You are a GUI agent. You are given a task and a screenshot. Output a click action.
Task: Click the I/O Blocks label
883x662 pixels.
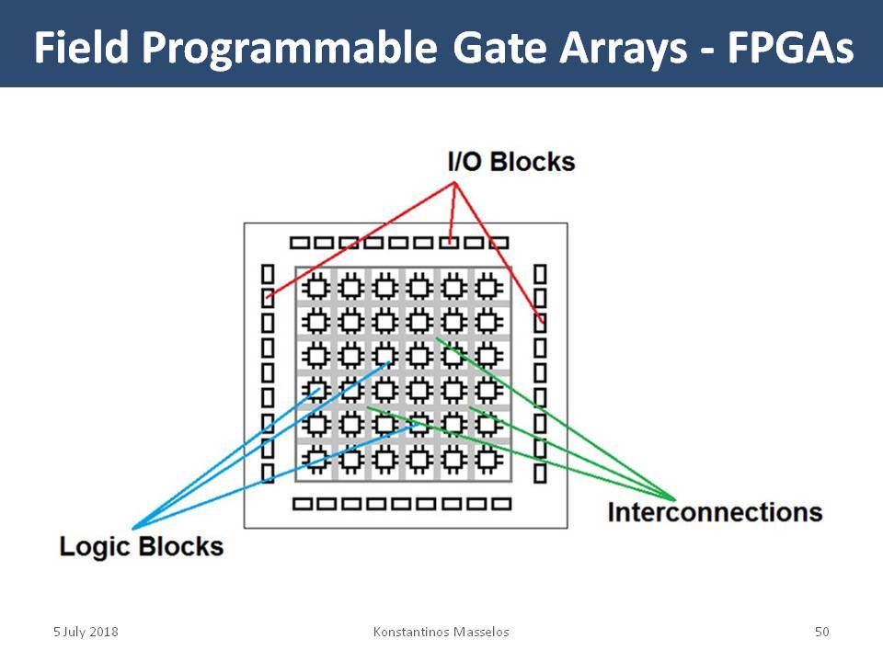pyautogui.click(x=511, y=162)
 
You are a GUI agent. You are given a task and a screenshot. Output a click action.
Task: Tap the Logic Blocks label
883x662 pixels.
pyautogui.click(x=142, y=546)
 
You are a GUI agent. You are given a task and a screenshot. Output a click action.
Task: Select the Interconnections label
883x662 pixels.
pyautogui.click(x=716, y=512)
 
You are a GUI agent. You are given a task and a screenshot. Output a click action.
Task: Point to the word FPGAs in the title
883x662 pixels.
pyautogui.click(x=791, y=47)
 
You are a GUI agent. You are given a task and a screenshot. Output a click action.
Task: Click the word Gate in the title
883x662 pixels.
pyautogui.click(x=499, y=47)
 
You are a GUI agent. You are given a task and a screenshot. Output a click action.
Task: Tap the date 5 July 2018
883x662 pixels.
pyautogui.click(x=86, y=632)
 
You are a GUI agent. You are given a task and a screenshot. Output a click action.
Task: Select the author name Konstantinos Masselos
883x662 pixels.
pyautogui.click(x=441, y=632)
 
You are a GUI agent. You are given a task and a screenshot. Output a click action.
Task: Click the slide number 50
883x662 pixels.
pyautogui.click(x=822, y=632)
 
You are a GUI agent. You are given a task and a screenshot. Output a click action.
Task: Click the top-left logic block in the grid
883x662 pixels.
pyautogui.click(x=316, y=288)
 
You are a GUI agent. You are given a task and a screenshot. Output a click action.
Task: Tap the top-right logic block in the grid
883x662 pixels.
pyautogui.click(x=487, y=288)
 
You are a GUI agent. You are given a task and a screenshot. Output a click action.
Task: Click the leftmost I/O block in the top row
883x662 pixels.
pyautogui.click(x=300, y=243)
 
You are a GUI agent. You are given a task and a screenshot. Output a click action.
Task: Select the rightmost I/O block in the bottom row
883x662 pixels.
pyautogui.click(x=501, y=504)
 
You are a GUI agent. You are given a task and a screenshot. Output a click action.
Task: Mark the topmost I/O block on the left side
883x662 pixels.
pyautogui.click(x=268, y=274)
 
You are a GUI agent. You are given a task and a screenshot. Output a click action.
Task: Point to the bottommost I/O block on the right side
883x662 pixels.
pyautogui.click(x=540, y=474)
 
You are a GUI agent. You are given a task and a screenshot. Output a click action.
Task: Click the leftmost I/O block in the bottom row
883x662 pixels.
pyautogui.click(x=303, y=504)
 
